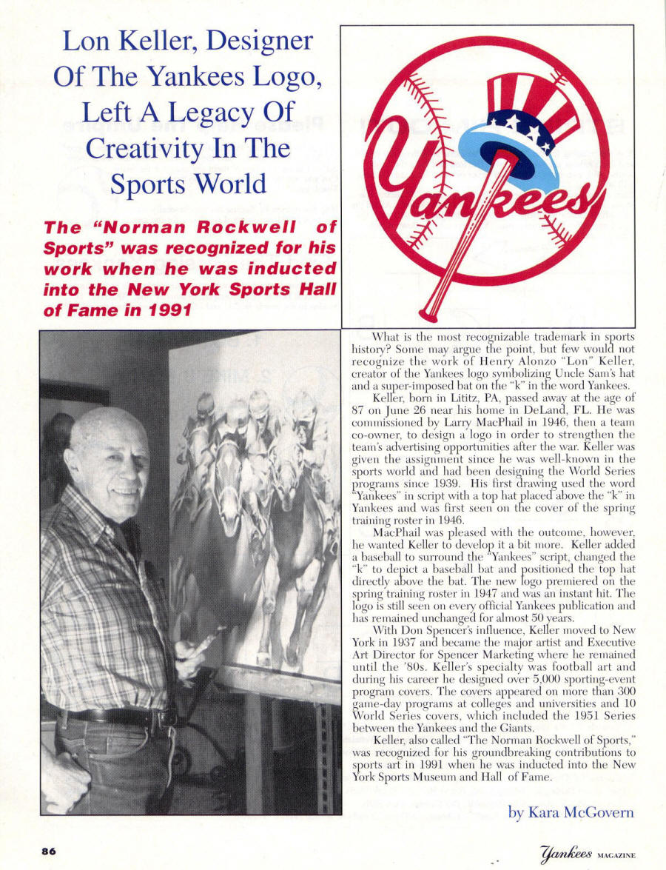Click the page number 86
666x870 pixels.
pos(50,851)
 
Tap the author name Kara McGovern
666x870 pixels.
pos(571,812)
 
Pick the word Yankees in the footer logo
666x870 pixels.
pos(565,854)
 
